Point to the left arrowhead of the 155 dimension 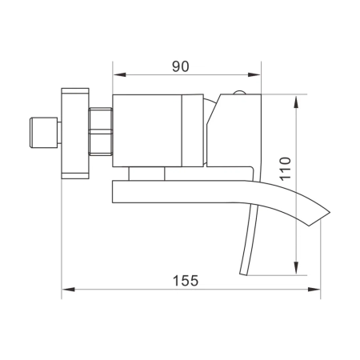(68, 290)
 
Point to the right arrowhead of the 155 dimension (317, 290)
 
